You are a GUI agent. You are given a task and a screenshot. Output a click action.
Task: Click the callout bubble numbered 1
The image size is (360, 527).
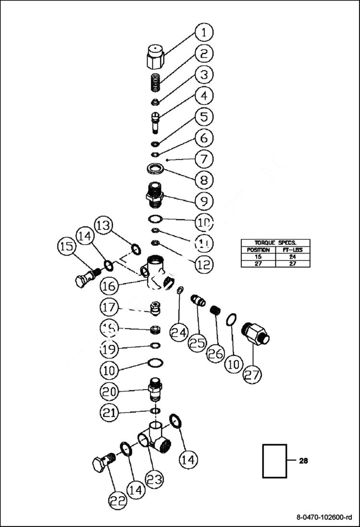(x=204, y=33)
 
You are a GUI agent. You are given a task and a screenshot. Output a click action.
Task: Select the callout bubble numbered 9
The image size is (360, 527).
(x=204, y=201)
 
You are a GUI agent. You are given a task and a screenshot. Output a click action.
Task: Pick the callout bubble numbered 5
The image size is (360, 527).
(x=204, y=117)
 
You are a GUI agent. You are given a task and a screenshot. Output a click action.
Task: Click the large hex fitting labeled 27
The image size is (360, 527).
(x=256, y=332)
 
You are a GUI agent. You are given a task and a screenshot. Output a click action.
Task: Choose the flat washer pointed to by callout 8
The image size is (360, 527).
(x=155, y=169)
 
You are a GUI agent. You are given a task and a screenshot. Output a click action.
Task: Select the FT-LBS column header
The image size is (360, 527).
(x=292, y=250)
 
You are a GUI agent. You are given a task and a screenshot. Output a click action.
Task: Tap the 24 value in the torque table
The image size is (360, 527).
(x=292, y=257)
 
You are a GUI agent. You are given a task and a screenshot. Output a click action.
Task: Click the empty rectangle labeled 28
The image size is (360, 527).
(x=274, y=461)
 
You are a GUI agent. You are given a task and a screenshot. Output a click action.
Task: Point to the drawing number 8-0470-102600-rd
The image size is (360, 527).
(x=324, y=517)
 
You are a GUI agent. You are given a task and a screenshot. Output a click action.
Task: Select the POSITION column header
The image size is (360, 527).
(x=259, y=250)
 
